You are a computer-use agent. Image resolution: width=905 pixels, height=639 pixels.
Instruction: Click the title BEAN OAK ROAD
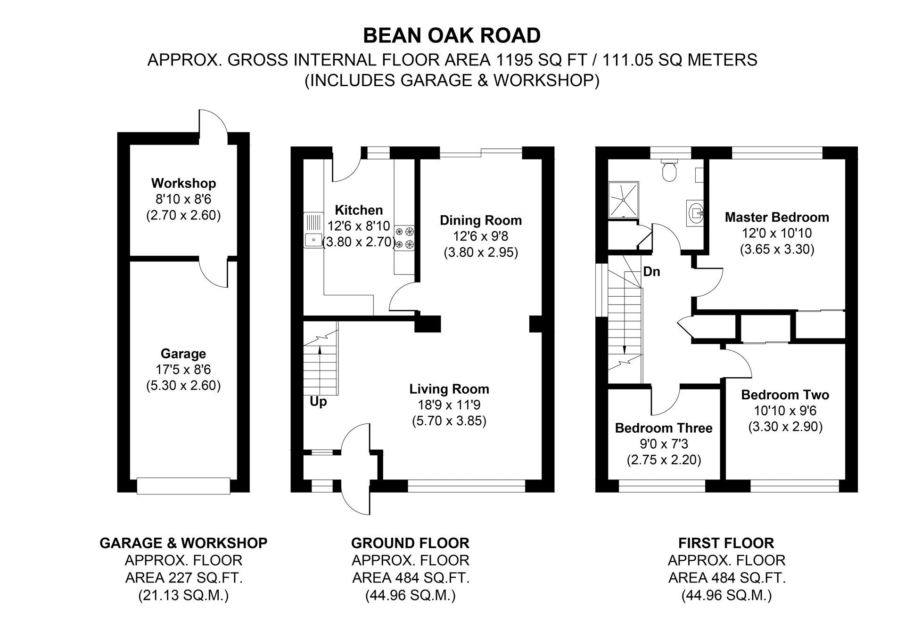click(452, 36)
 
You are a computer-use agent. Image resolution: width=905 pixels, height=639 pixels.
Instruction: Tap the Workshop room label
click(183, 183)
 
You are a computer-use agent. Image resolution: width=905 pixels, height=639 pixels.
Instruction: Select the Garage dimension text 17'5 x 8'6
click(183, 370)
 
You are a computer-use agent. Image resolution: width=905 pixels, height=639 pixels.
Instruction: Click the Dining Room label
click(481, 220)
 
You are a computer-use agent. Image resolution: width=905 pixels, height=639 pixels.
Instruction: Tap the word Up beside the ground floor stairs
click(318, 402)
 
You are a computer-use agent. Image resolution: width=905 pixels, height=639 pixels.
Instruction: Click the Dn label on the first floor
click(651, 272)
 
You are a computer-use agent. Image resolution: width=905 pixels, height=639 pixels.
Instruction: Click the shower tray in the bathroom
click(623, 199)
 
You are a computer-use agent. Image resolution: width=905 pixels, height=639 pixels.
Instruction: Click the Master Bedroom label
click(776, 217)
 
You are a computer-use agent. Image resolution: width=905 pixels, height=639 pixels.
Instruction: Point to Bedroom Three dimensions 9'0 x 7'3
click(664, 444)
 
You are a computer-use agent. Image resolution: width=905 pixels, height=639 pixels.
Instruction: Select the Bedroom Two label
click(785, 395)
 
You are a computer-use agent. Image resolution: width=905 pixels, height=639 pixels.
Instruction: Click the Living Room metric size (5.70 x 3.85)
click(449, 421)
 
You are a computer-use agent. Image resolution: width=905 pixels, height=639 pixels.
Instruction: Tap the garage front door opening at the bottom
click(183, 485)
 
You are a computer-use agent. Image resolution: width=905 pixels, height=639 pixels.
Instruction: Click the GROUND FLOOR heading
click(410, 543)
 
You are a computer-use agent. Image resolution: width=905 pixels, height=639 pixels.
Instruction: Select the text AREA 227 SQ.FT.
click(183, 578)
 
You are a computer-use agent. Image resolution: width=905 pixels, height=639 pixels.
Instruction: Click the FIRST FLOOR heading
click(726, 543)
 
